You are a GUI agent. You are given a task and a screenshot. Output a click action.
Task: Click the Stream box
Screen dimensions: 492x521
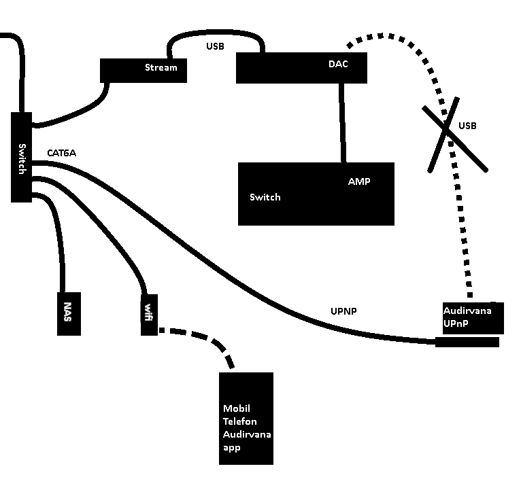(144, 70)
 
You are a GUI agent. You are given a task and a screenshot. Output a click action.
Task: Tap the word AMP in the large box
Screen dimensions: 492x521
(359, 182)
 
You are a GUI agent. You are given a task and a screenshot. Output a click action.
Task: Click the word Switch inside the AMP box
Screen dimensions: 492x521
(265, 197)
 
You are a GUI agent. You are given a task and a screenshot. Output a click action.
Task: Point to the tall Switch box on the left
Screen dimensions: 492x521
(22, 157)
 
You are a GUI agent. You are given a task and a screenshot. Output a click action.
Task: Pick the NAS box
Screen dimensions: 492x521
(68, 314)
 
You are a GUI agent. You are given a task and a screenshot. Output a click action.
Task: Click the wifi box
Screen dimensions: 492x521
(148, 314)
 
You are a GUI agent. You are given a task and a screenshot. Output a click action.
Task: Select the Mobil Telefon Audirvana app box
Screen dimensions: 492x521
(246, 419)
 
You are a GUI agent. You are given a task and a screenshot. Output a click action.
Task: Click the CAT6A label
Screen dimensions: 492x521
(61, 154)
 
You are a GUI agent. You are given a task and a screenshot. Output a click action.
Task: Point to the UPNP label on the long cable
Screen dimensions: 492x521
(344, 311)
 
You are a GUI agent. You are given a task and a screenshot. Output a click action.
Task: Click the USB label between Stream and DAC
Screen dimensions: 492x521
(215, 47)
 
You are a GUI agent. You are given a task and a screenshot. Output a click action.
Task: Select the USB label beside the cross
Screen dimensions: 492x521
(467, 126)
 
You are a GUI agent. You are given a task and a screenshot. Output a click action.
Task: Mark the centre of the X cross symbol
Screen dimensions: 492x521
(446, 129)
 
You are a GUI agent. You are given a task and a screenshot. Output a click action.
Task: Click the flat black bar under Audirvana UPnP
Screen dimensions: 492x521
(467, 342)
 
